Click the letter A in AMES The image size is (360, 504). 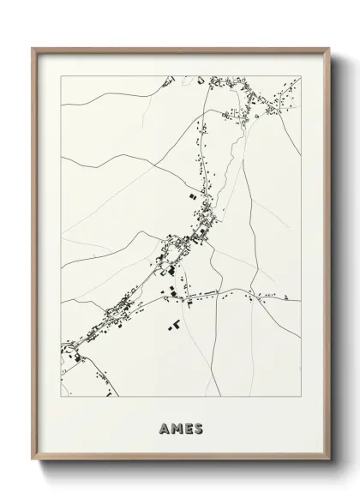pyautogui.click(x=164, y=428)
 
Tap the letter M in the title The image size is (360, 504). pyautogui.click(x=175, y=428)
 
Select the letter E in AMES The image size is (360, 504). pyautogui.click(x=188, y=428)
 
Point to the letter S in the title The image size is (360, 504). pyautogui.click(x=199, y=428)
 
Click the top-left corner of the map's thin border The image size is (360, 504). pyautogui.click(x=61, y=76)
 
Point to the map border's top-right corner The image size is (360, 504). pyautogui.click(x=301, y=76)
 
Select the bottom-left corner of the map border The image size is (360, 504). pyautogui.click(x=61, y=397)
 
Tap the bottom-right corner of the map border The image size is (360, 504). pyautogui.click(x=301, y=397)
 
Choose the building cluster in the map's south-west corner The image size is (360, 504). pyautogui.click(x=81, y=356)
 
